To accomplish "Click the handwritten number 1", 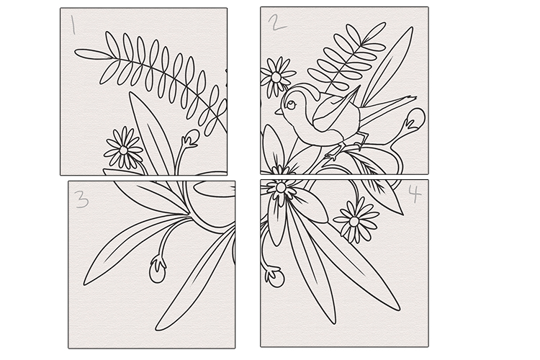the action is [73, 24].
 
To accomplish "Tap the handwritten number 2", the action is [277, 22].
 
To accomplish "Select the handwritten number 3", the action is [82, 199].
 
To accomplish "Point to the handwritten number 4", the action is [415, 194].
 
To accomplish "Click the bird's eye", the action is [291, 104].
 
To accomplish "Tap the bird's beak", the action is [279, 112].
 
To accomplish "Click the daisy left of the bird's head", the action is [276, 77].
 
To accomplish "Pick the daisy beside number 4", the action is [355, 221].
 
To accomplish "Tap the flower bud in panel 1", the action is [191, 138].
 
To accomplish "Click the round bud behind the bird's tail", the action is [415, 119].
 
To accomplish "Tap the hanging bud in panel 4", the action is [275, 276].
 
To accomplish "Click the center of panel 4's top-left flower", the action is [281, 188].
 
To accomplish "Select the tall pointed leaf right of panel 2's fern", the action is [387, 67].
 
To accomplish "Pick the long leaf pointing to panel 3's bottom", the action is [196, 280].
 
